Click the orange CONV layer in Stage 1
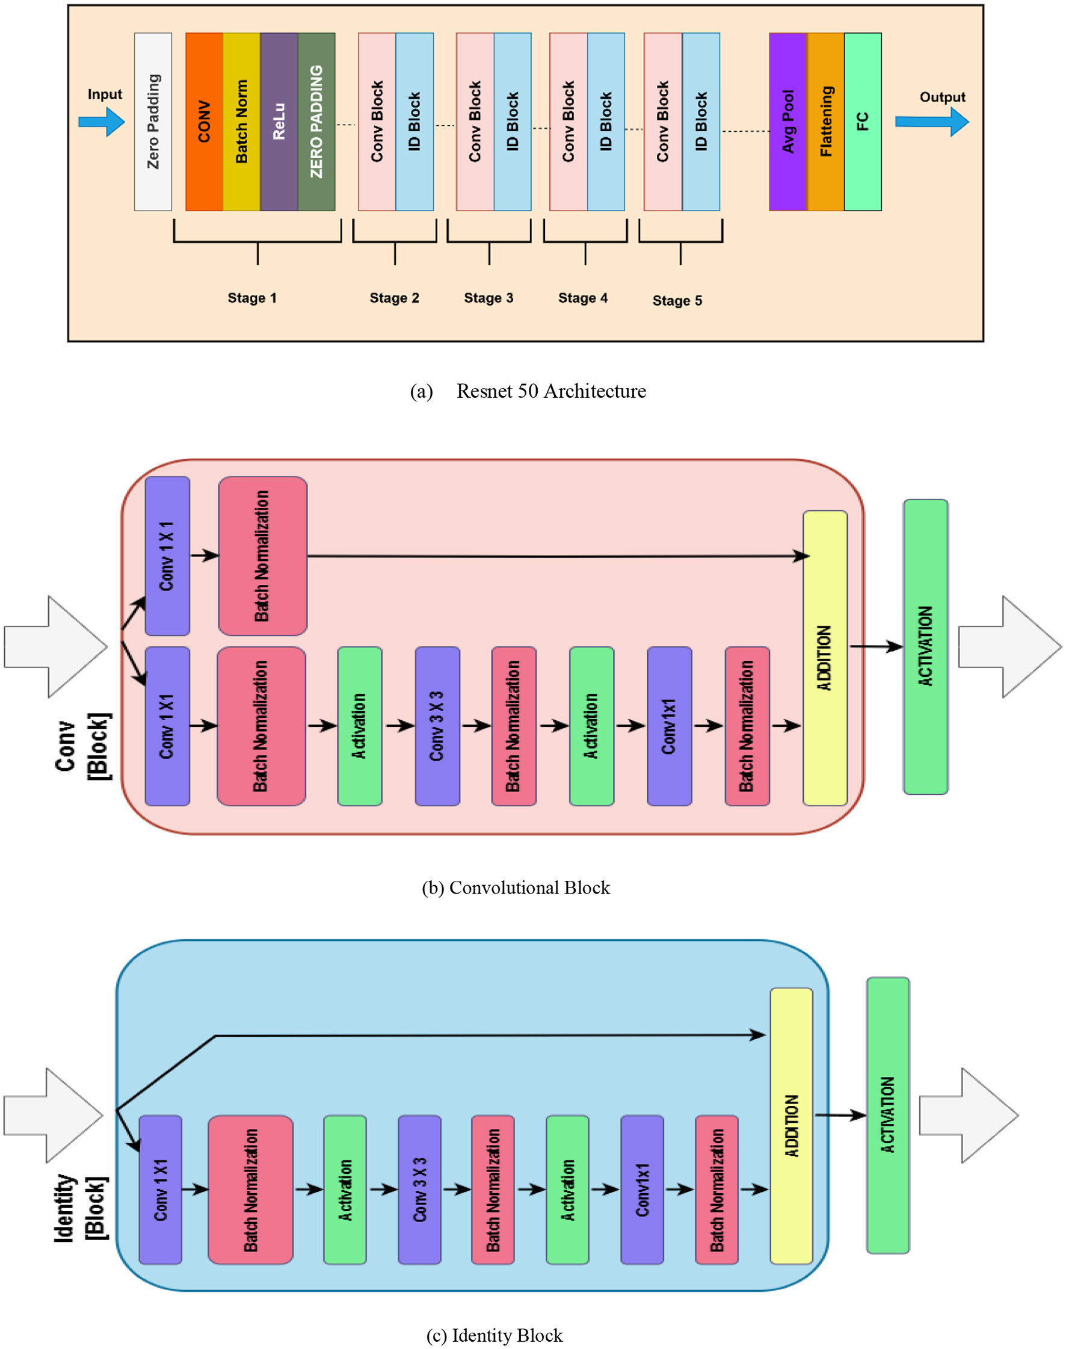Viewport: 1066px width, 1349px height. click(204, 122)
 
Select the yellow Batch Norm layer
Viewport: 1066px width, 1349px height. click(242, 122)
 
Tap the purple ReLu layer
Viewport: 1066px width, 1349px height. click(279, 122)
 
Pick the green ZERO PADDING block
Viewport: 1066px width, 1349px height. click(316, 122)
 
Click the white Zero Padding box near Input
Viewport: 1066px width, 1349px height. click(153, 122)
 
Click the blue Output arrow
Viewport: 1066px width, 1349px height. click(932, 122)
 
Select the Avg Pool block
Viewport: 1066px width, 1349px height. click(787, 122)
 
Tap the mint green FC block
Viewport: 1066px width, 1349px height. click(863, 122)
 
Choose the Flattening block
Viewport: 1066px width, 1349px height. click(825, 122)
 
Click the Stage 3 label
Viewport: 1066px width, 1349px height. click(488, 298)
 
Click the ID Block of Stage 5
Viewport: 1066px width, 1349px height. click(701, 122)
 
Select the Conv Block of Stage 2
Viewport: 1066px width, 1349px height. click(377, 122)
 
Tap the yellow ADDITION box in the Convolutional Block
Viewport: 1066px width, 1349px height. click(824, 658)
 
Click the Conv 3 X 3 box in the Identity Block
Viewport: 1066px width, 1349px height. click(419, 1190)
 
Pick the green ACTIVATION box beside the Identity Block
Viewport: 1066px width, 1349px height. click(887, 1115)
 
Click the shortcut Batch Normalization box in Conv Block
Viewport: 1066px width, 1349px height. click(262, 555)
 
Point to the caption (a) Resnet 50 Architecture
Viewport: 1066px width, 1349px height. click(528, 390)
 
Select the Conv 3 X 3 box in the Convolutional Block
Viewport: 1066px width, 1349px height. click(437, 726)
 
